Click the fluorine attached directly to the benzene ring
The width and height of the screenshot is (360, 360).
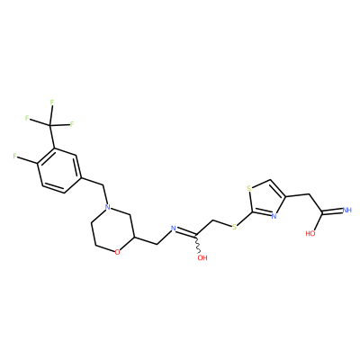pos(15,156)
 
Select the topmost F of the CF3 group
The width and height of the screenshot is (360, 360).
pos(52,103)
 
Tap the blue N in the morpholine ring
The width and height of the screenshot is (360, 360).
pos(108,207)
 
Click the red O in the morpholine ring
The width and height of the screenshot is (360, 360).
pos(117,252)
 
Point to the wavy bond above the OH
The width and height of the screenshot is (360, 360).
pos(198,244)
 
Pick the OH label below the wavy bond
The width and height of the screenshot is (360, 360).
pos(202,257)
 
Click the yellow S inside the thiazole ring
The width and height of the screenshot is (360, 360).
pos(248,189)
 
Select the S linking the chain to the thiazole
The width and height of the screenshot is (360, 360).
pos(234,227)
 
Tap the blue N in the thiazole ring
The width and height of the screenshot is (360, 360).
pos(274,215)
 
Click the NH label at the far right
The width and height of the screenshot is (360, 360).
pos(346,210)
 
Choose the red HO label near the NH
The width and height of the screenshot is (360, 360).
pos(311,233)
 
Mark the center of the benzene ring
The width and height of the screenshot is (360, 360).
pos(59,170)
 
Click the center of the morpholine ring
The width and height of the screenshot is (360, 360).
pos(113,229)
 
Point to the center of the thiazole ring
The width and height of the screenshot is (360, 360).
pos(266,200)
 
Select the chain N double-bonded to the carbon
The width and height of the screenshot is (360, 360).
pos(173,229)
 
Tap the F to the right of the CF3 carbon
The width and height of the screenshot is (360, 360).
pos(72,124)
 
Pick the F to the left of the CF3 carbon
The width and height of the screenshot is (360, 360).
pos(27,118)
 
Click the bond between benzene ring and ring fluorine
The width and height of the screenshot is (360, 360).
pos(27,159)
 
